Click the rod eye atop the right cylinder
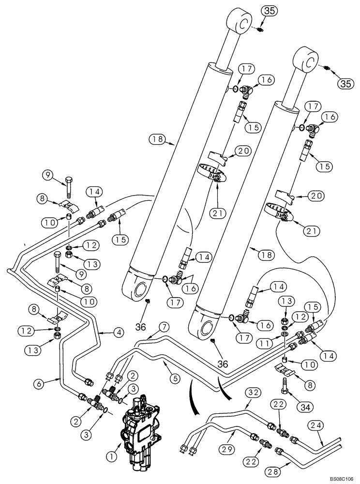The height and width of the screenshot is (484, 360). point(308,60)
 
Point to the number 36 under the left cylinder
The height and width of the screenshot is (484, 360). point(140,327)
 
